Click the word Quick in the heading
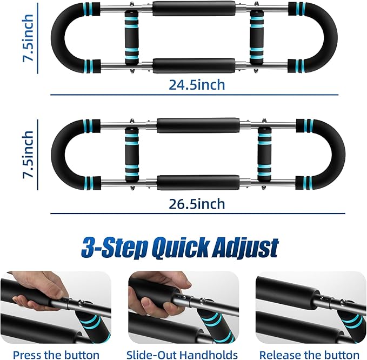pyautogui.click(x=174, y=248)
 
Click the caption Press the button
pyautogui.click(x=56, y=355)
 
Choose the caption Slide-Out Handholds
pyautogui.click(x=182, y=355)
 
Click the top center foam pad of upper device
pyautogui.click(x=194, y=8)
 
